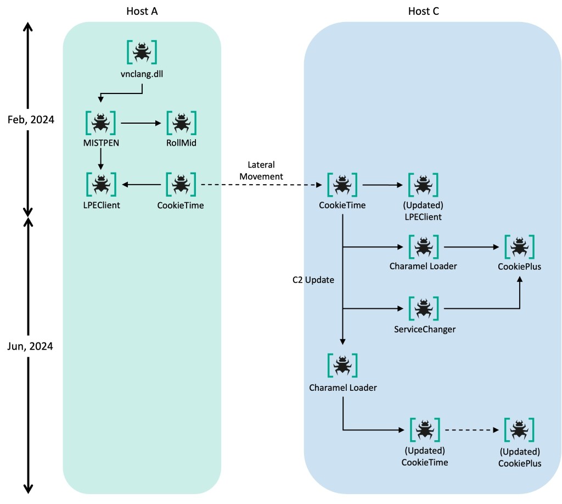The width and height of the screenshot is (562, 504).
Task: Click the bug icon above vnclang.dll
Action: pos(142,52)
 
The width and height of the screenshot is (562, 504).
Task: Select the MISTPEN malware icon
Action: pos(100,123)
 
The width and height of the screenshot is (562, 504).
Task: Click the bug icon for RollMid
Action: pos(181,123)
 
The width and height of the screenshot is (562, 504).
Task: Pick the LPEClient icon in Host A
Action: pos(100,185)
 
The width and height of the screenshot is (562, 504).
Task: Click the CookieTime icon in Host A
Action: pos(181,185)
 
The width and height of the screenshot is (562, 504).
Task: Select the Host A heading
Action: pos(142,11)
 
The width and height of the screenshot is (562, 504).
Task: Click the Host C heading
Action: pos(423,11)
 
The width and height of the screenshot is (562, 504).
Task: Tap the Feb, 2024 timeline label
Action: pos(30,119)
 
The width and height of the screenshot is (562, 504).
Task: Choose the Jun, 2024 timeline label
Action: pos(30,347)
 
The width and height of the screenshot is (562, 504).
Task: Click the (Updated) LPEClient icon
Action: pos(423,185)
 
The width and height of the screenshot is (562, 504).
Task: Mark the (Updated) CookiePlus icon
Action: pos(519,429)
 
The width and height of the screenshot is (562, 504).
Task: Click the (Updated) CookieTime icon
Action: pos(424,429)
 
